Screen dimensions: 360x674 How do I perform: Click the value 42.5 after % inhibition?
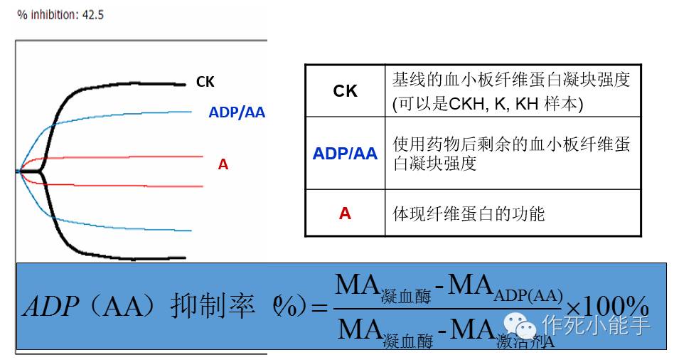point(92,14)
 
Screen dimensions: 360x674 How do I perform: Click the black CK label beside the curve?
point(205,83)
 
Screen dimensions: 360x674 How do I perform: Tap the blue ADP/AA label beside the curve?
point(236,112)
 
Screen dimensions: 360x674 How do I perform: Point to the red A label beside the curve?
point(223,164)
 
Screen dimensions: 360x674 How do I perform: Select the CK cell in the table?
point(345,91)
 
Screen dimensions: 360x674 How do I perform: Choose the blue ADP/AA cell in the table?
point(345,153)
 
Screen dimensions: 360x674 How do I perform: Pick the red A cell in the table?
point(345,213)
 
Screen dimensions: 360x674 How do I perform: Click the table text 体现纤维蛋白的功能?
point(469,213)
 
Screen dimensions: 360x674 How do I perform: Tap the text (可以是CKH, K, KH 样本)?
point(488,104)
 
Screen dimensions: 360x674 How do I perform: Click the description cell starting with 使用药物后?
point(511,153)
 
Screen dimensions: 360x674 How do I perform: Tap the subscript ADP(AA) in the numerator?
point(527,295)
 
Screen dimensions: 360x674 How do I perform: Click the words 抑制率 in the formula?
point(213,307)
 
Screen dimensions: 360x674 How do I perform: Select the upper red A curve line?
point(128,157)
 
